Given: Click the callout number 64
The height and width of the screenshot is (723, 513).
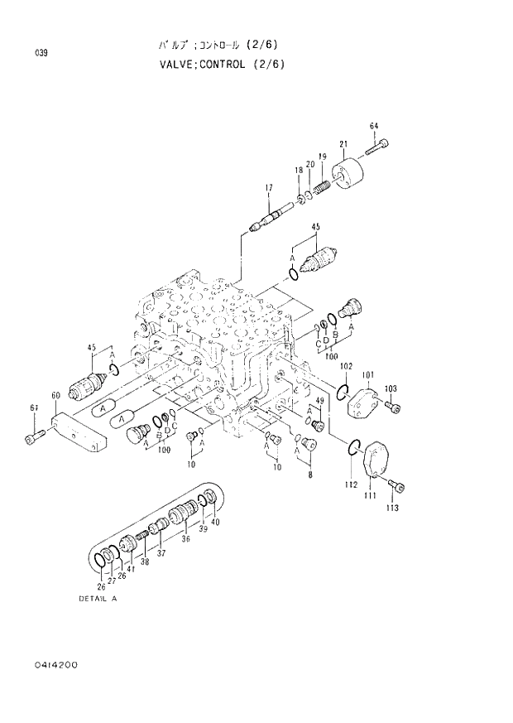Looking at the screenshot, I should coord(373,126).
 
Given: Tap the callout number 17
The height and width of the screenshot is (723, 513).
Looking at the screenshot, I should coord(268,189).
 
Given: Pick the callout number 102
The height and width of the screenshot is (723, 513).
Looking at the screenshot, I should coord(346,366).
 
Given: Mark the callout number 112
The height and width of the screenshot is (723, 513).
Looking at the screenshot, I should coord(351,484).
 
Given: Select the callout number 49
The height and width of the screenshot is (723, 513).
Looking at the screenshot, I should coord(318,401).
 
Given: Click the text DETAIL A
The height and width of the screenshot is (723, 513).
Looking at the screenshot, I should coord(98,597).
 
